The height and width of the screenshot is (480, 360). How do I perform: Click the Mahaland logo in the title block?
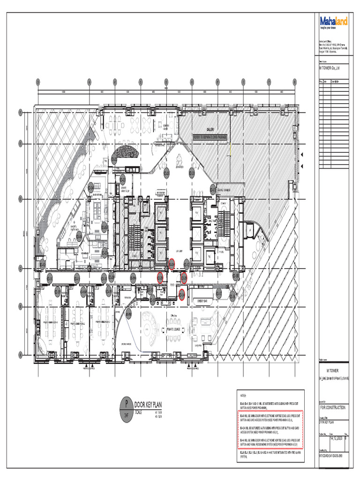(x=334, y=22)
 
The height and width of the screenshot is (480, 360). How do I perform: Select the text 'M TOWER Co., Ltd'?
(x=329, y=68)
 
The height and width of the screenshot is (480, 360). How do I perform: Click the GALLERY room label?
(x=210, y=130)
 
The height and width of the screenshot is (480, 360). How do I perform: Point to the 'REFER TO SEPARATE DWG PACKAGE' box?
(x=210, y=137)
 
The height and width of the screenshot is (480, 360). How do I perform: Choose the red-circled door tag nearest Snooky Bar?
(x=181, y=294)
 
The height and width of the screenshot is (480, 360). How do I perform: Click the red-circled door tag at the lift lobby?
(x=172, y=263)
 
